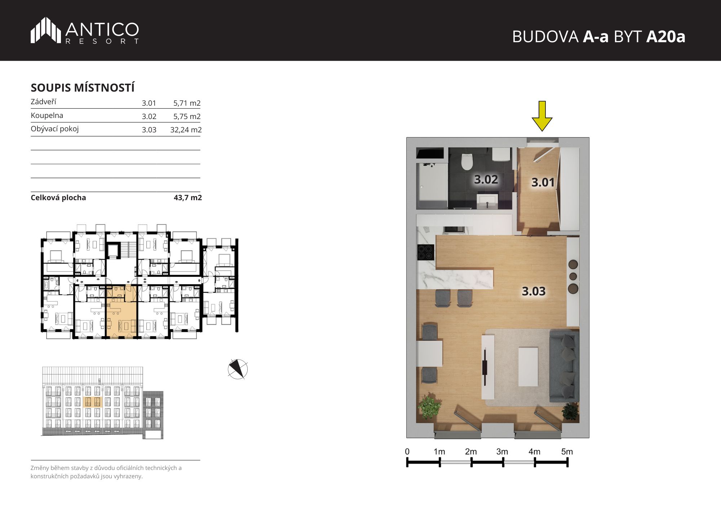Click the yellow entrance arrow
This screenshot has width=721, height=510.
[542, 116]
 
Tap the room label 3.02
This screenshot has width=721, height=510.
[486, 179]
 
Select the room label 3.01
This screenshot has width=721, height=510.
[543, 182]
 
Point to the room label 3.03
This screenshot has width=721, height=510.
[534, 291]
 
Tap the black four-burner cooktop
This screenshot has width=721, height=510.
[426, 252]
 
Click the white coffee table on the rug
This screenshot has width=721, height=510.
[528, 366]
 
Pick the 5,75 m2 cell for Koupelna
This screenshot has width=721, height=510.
[187, 116]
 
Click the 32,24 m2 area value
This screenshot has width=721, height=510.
[186, 130]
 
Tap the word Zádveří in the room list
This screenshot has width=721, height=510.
[43, 102]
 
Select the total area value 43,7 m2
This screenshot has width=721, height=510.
[187, 198]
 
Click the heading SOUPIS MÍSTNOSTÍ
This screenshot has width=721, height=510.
[83, 88]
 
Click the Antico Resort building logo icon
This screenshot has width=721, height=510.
[45, 30]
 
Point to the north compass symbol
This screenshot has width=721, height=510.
[238, 369]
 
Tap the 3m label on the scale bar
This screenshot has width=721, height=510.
[502, 452]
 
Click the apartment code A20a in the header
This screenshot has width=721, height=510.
[665, 36]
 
